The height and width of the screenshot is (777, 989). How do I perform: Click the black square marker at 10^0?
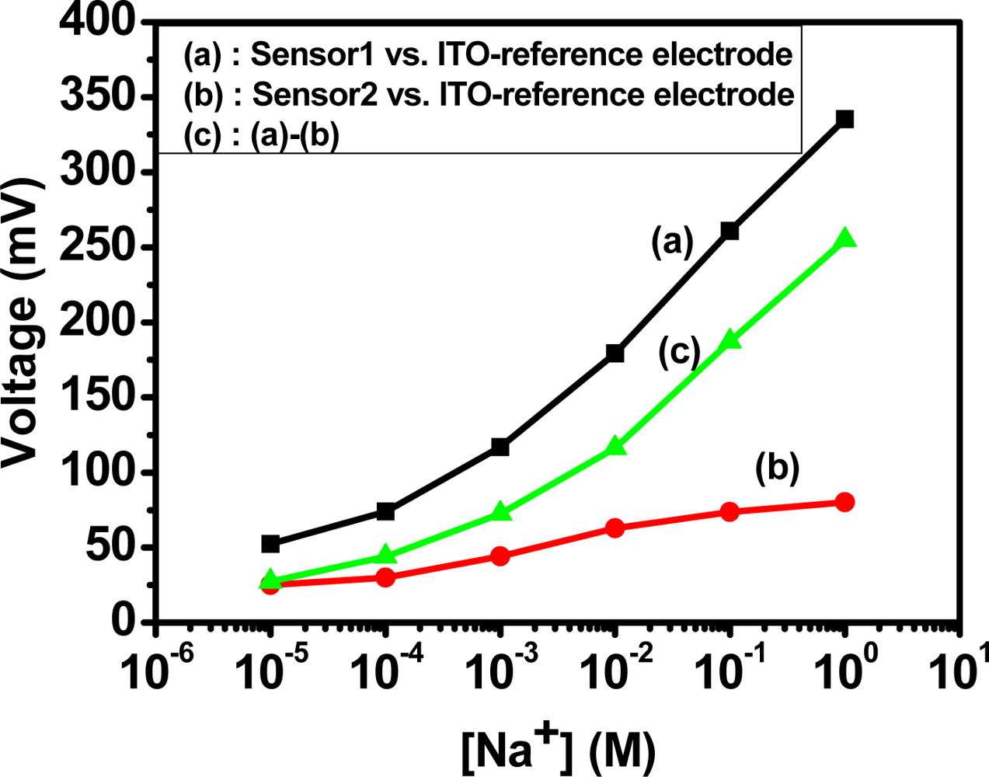844,119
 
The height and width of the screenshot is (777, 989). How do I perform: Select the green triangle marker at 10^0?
844,239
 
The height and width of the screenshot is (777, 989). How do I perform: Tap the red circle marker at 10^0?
844,502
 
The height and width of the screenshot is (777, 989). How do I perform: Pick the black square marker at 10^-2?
615,354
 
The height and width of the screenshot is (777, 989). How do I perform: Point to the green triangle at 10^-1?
730,340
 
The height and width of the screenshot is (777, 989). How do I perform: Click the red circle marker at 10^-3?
500,556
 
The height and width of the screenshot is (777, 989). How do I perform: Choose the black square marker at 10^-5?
270,544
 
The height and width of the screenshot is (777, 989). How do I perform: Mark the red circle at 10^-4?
385,577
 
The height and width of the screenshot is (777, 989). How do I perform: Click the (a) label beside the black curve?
671,242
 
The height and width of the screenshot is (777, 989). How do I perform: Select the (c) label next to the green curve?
679,352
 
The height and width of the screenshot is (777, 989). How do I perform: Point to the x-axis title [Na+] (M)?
559,749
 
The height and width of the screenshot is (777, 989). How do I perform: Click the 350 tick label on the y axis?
99,97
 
